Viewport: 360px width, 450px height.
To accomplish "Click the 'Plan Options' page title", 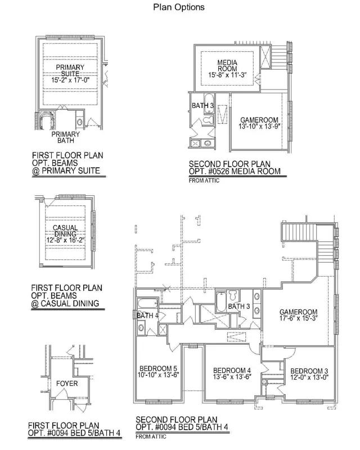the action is (x=178, y=7).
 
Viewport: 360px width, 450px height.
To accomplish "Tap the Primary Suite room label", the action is (x=70, y=70).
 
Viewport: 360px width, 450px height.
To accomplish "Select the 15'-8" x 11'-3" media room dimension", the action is (x=227, y=75).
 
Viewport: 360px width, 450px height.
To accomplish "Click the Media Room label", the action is (x=227, y=65).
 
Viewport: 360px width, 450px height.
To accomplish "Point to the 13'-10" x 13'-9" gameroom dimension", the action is (x=259, y=126).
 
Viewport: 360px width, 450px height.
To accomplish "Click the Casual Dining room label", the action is (x=65, y=231).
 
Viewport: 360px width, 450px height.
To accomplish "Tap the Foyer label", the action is (x=67, y=384).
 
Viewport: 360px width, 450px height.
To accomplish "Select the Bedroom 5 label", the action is (x=158, y=368).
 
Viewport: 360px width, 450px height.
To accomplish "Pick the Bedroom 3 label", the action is (x=309, y=371).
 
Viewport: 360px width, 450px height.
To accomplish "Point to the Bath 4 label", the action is (x=147, y=316).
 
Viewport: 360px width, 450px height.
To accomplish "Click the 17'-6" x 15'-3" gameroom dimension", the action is (x=299, y=318).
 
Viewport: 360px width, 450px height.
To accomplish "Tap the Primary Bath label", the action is (x=65, y=137).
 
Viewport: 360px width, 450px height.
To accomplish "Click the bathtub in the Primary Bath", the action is (x=47, y=120).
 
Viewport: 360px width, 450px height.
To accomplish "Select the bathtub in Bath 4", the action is (x=147, y=303).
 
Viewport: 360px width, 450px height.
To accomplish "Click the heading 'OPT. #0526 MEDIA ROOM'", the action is (x=235, y=172).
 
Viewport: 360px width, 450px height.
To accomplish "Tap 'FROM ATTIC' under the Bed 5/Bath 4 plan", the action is (x=151, y=436).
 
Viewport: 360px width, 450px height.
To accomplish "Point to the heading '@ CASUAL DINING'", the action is (x=65, y=303).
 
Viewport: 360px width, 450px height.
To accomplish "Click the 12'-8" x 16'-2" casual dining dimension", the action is (x=65, y=240).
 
